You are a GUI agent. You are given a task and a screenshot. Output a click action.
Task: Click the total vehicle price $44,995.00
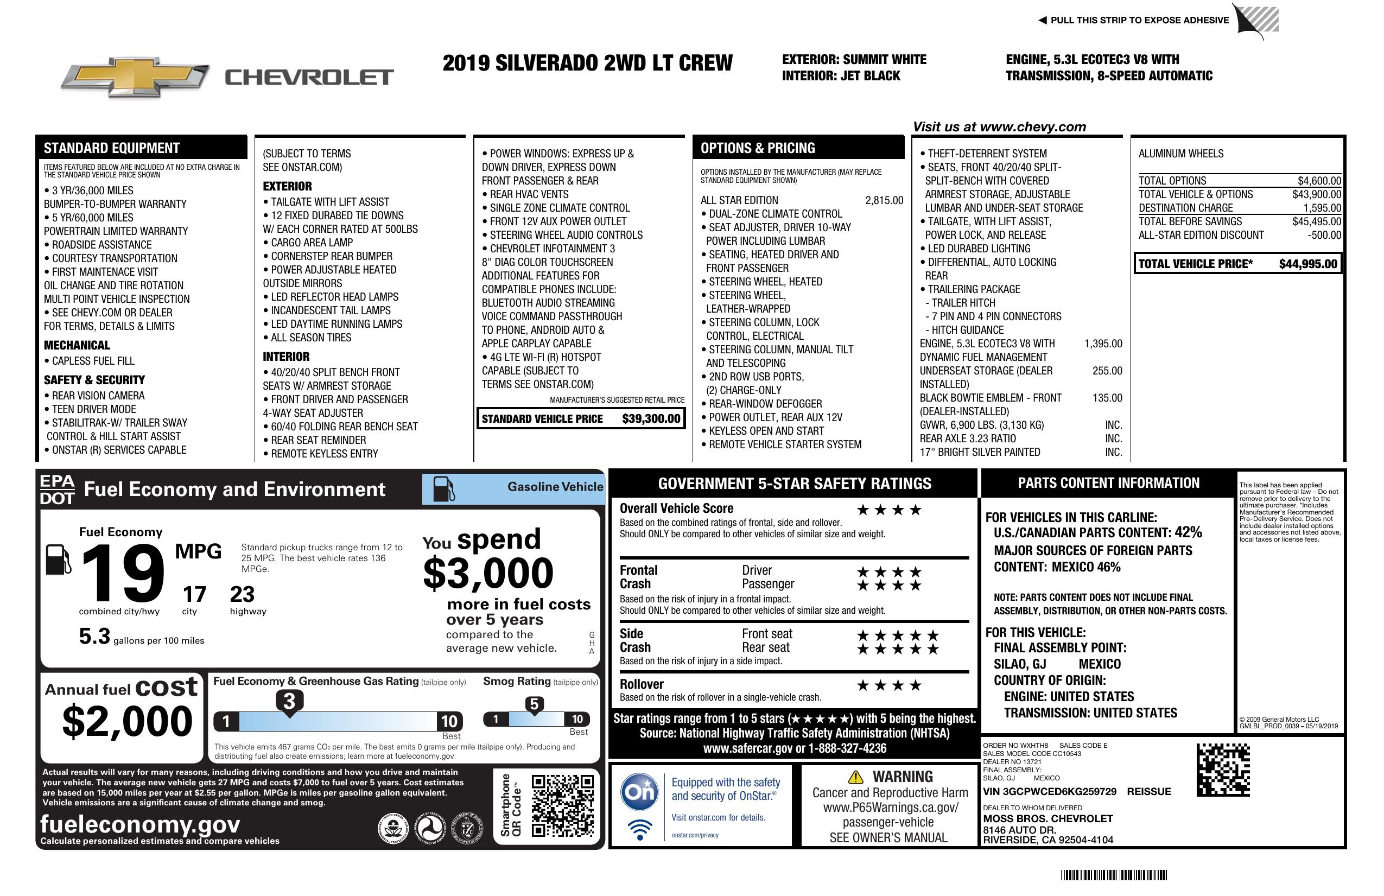tap(1308, 264)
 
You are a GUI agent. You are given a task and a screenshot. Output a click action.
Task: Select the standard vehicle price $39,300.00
tap(651, 418)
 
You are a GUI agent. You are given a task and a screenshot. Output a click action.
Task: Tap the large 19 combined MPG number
tap(123, 574)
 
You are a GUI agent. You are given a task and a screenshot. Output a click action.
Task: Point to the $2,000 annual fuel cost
tap(127, 721)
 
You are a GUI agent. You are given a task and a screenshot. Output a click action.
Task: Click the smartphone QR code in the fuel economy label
tap(562, 805)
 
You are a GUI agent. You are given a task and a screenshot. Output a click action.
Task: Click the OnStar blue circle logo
tap(640, 791)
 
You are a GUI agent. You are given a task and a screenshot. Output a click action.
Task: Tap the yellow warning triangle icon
tap(855, 777)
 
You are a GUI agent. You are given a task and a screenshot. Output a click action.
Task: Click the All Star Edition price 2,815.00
tap(884, 201)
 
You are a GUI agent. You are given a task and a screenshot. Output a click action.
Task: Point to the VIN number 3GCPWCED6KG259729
tap(1050, 792)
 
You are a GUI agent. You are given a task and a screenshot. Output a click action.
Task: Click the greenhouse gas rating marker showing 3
tap(289, 702)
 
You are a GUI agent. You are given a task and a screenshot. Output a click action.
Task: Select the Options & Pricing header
tap(757, 148)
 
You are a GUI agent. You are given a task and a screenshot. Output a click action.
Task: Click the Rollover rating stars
tap(889, 685)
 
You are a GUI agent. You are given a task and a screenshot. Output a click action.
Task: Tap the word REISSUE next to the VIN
tap(1148, 792)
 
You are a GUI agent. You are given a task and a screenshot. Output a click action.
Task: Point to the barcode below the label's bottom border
tap(1114, 875)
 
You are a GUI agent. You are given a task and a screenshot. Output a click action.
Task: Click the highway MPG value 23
tap(242, 594)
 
